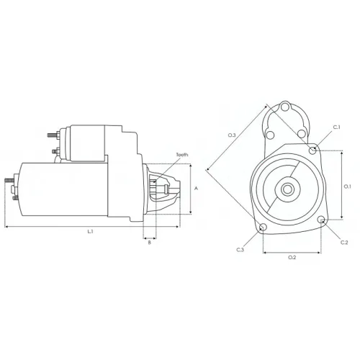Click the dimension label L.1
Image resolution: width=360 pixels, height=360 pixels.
(x=90, y=232)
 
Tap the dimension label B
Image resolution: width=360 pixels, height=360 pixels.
(x=150, y=243)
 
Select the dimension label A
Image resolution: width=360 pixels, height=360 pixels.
(x=196, y=189)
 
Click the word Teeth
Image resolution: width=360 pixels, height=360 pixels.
(x=182, y=155)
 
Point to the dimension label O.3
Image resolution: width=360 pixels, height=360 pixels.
(x=232, y=135)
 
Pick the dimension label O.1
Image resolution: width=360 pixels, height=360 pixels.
(x=348, y=186)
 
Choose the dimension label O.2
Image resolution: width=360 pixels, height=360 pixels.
(x=292, y=257)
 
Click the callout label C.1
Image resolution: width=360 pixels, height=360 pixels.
(x=337, y=127)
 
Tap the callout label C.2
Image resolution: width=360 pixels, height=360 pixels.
(x=344, y=243)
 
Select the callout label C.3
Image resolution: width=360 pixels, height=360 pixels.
(x=240, y=250)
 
